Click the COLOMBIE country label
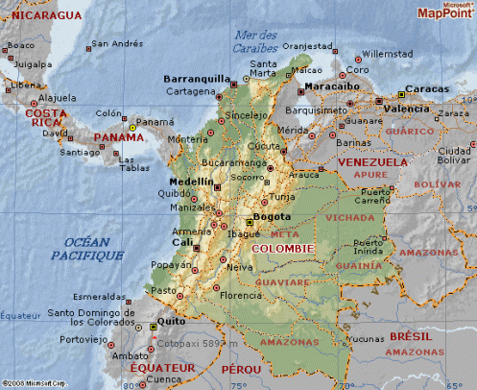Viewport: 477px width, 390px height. coord(282,248)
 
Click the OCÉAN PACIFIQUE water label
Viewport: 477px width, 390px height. coord(86,248)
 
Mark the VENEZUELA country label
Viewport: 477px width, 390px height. coord(372,162)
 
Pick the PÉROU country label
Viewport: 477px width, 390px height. coord(242,369)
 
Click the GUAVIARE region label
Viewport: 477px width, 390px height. coord(280,283)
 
